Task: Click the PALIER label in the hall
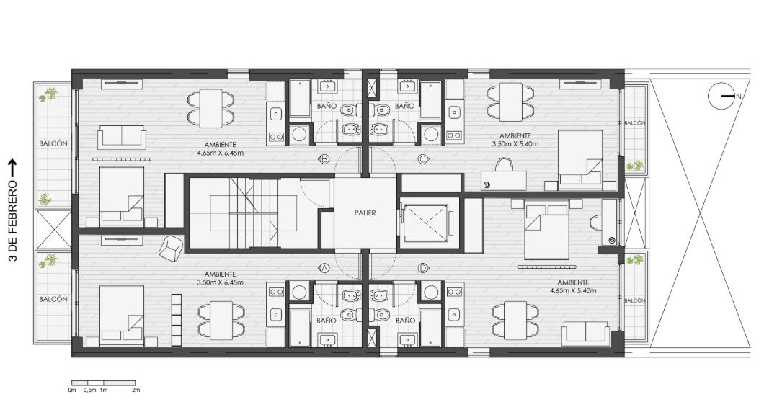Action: [365, 213]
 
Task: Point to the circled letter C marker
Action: [423, 158]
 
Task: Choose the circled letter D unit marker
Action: [423, 268]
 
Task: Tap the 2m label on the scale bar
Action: [136, 390]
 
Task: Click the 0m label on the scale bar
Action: [72, 390]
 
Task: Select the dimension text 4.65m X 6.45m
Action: [221, 153]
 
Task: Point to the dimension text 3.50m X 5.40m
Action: [515, 144]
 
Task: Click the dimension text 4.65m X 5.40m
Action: [573, 290]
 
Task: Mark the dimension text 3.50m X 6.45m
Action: [221, 282]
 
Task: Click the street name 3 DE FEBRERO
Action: [13, 220]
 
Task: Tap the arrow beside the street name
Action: [13, 168]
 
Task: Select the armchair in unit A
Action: [171, 248]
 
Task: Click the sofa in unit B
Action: [122, 137]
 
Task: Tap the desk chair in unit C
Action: [505, 164]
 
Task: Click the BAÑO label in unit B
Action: [327, 106]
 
